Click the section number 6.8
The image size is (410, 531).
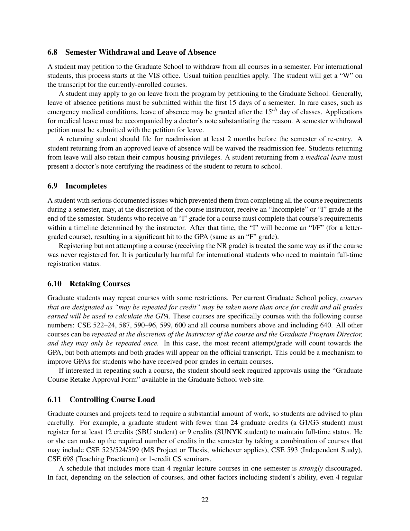53,52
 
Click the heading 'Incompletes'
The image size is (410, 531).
86,186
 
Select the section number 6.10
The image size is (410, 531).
55,284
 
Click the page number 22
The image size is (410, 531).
205,499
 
